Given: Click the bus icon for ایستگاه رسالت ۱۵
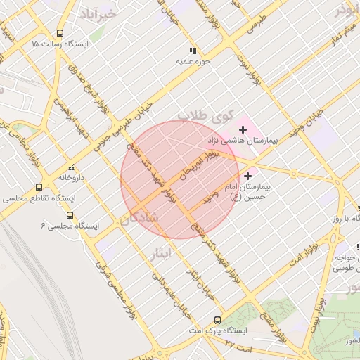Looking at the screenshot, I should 59,33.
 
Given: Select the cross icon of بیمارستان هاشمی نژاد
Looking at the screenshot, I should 243,129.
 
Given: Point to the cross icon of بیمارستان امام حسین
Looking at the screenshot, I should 247,175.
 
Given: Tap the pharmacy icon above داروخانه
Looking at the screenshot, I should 70,167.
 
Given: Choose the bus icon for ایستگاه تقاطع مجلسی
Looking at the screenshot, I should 38,188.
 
